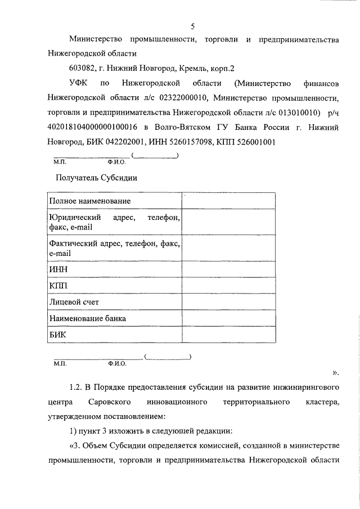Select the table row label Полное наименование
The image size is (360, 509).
(x=90, y=201)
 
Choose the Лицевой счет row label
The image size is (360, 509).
(x=74, y=302)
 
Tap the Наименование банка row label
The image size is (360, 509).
(x=87, y=318)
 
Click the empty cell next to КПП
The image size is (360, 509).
(x=228, y=286)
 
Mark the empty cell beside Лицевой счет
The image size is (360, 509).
(x=228, y=302)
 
